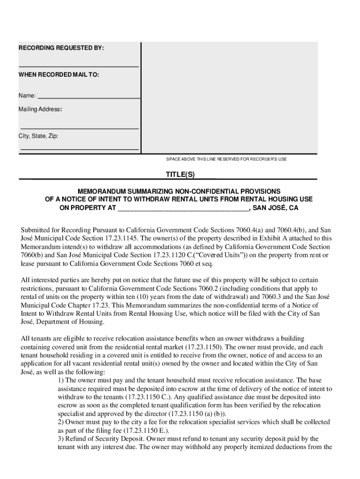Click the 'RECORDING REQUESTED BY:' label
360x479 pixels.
pyautogui.click(x=61, y=48)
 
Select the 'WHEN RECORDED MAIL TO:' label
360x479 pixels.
pyautogui.click(x=58, y=74)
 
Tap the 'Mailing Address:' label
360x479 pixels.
pyautogui.click(x=40, y=109)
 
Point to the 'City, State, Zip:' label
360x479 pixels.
pyautogui.click(x=38, y=136)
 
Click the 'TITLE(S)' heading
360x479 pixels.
pyautogui.click(x=180, y=174)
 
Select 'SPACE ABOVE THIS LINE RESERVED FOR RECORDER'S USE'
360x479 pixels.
pyautogui.click(x=226, y=160)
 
